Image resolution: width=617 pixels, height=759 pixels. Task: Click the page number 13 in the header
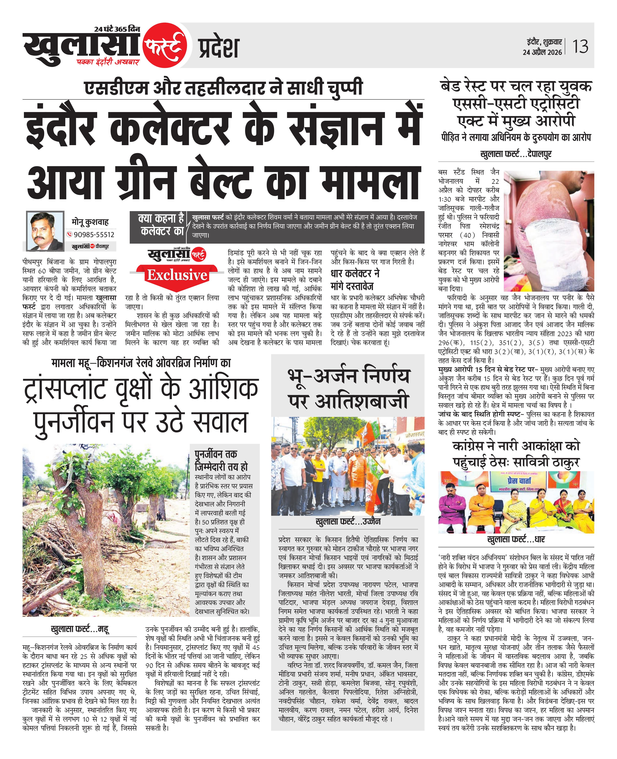580,46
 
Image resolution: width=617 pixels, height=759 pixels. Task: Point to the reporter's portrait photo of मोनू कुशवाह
45,231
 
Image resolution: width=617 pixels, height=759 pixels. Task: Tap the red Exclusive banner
177,275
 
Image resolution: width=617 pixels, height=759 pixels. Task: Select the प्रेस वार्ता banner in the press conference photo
519,481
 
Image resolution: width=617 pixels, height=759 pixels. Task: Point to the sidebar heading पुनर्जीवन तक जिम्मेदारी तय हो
221,460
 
